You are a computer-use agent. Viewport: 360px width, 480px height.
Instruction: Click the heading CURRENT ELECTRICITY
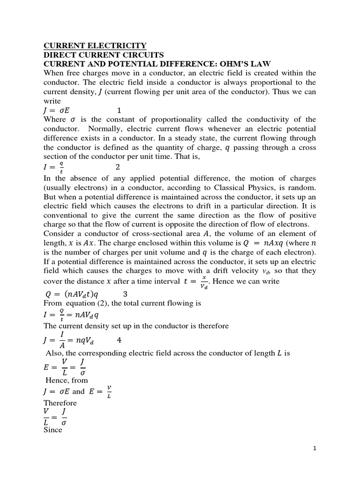point(95,45)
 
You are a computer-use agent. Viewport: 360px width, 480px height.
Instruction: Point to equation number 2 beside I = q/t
point(118,167)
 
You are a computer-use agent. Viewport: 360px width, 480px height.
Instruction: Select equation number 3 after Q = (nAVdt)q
point(125,294)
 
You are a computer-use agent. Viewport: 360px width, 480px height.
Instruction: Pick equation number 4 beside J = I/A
point(119,340)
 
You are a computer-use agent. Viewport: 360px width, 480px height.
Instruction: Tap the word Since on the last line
point(53,429)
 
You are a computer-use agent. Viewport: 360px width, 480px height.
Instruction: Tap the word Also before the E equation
point(54,353)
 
